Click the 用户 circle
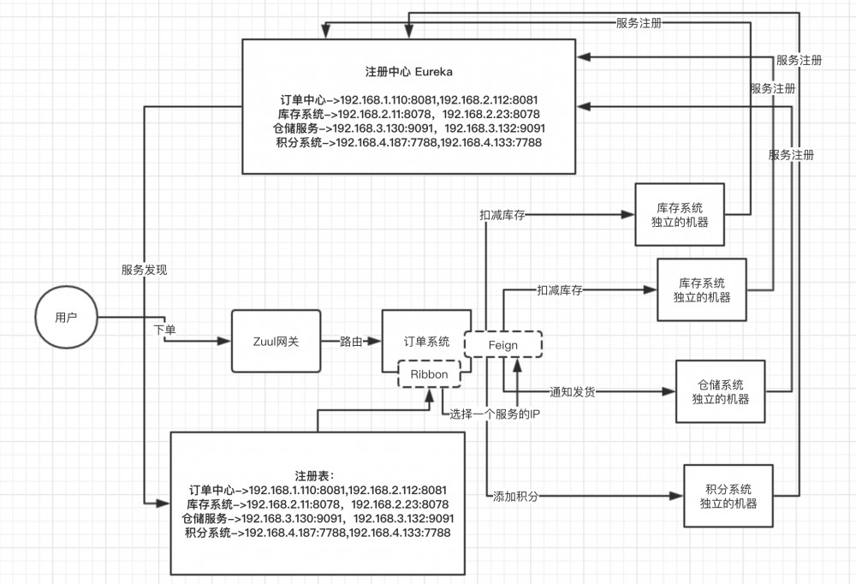pyautogui.click(x=66, y=318)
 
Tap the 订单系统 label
pyautogui.click(x=427, y=342)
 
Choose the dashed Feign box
pyautogui.click(x=502, y=345)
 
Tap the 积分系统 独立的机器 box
pyautogui.click(x=727, y=495)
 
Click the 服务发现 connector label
pyautogui.click(x=144, y=270)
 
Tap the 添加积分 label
pyautogui.click(x=516, y=496)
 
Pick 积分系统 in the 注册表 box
pyautogui.click(x=207, y=533)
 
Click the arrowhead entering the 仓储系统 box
pyautogui.click(x=670, y=392)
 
